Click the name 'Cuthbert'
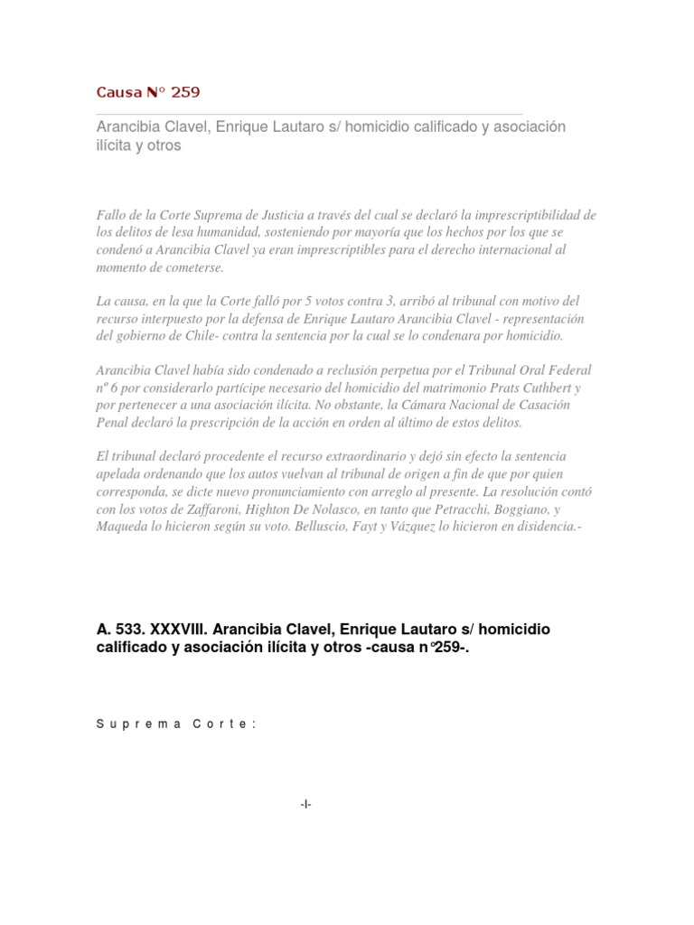pyautogui.click(x=537, y=388)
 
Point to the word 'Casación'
pyautogui.click(x=541, y=405)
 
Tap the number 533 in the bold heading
pyautogui.click(x=126, y=629)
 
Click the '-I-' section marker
pyautogui.click(x=306, y=804)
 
